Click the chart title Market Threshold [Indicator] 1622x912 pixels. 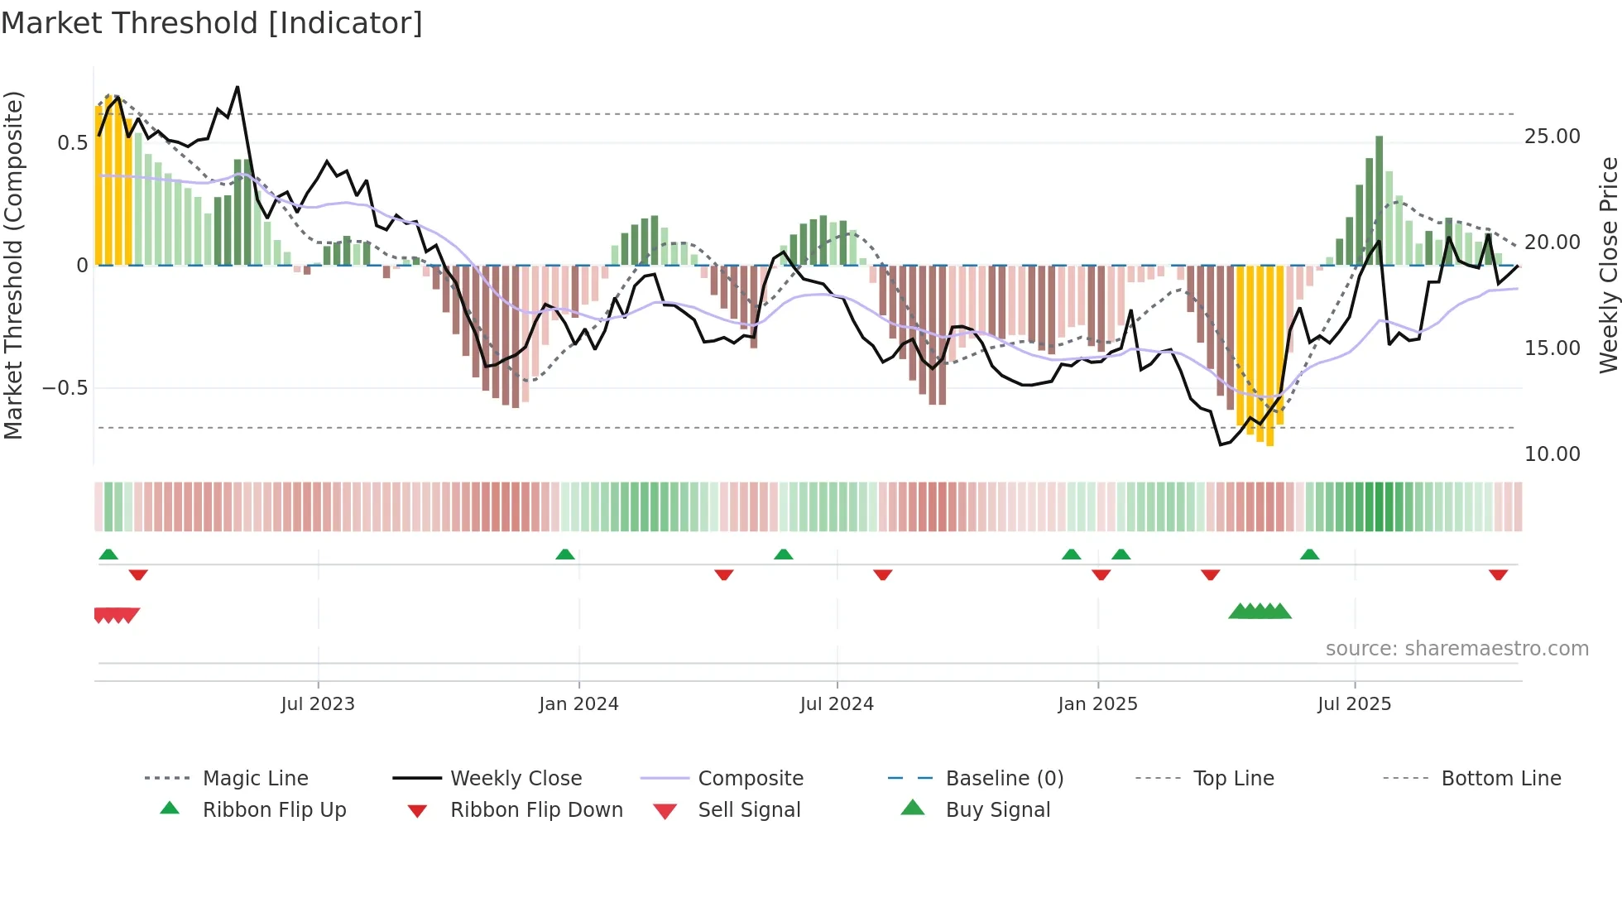[x=212, y=23]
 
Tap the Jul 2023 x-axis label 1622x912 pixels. [x=318, y=704]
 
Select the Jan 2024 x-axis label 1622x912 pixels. [x=578, y=704]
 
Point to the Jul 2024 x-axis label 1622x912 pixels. [x=837, y=704]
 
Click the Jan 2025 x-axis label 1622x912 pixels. [x=1097, y=704]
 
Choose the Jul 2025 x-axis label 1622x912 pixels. [x=1354, y=704]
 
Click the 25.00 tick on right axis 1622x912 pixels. [x=1552, y=137]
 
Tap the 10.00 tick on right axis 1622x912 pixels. [x=1552, y=454]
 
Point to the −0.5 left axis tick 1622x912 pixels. [x=65, y=388]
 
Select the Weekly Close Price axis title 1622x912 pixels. [x=1608, y=265]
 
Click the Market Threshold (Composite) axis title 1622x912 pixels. [x=13, y=265]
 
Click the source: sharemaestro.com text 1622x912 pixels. [x=1456, y=649]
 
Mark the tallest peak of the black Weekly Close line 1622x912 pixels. [x=238, y=87]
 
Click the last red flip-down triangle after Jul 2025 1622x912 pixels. [x=1498, y=575]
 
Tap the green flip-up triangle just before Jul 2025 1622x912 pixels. [x=1309, y=554]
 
